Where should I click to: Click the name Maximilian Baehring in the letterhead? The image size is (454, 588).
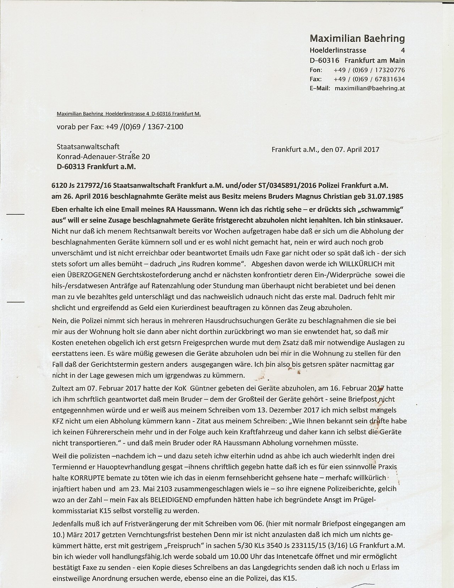point(357,38)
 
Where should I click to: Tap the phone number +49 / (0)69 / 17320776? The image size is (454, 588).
point(369,70)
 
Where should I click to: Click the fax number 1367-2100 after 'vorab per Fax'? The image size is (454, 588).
point(168,126)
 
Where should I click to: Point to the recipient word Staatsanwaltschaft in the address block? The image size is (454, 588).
point(88,146)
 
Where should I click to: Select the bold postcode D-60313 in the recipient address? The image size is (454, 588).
point(73,166)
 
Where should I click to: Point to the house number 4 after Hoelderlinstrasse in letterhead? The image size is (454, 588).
point(402,50)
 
